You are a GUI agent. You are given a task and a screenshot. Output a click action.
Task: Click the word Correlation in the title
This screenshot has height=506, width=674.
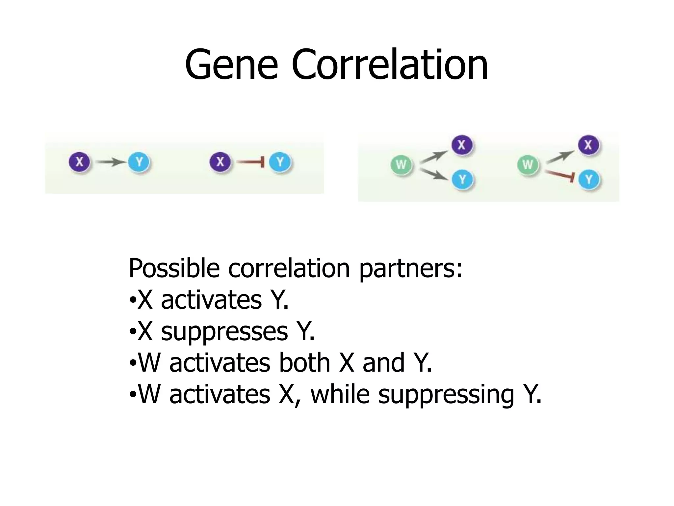tap(389, 65)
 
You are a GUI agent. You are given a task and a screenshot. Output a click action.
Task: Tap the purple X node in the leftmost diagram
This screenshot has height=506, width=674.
tap(79, 162)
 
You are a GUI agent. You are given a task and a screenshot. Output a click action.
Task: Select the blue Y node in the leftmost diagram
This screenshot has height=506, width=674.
tap(139, 162)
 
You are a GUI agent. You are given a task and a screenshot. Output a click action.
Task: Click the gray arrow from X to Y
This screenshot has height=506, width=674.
tap(110, 162)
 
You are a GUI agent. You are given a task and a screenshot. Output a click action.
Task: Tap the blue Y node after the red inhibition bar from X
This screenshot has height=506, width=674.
tap(280, 162)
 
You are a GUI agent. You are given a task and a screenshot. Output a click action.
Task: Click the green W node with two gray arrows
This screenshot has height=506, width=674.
tap(401, 164)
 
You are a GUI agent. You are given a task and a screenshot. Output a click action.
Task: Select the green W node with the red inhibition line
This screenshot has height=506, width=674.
tap(528, 164)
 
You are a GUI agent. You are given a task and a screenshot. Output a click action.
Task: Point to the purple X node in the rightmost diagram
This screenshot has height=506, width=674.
tap(588, 145)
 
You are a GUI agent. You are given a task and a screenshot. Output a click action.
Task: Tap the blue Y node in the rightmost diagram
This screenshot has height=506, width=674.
tap(589, 180)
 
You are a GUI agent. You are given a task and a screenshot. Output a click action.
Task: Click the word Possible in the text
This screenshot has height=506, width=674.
tap(174, 268)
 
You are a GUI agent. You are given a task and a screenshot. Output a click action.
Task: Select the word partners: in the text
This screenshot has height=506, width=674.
tap(411, 269)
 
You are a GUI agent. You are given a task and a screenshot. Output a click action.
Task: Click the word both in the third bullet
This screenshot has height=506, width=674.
tap(304, 363)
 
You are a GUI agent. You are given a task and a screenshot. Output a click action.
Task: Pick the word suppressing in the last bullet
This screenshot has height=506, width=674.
tap(446, 395)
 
